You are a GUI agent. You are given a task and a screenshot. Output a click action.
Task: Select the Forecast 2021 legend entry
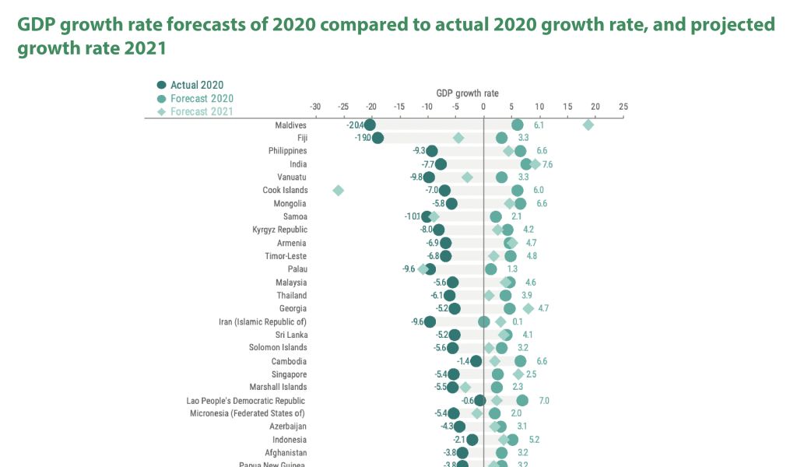pos(195,111)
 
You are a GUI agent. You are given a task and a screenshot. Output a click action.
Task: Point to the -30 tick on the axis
pos(315,106)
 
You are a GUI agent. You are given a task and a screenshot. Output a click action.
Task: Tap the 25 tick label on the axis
pos(623,106)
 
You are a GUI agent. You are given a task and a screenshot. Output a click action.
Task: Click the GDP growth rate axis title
pos(467,93)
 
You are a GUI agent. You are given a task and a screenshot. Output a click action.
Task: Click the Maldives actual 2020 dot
pos(370,125)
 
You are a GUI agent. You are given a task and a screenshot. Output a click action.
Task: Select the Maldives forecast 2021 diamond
pos(588,125)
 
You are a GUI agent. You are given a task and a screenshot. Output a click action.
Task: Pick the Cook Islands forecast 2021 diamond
pos(338,191)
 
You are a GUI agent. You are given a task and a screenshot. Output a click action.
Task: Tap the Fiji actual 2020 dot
pos(377,138)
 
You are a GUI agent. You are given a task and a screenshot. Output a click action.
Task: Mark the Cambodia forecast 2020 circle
pos(520,361)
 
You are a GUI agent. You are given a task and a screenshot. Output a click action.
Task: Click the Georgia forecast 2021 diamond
pos(528,309)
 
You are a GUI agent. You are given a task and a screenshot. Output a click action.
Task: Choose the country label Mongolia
pos(290,204)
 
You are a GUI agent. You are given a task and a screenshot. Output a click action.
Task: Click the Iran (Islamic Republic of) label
pos(262,322)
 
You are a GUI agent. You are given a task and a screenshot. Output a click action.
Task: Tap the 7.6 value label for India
pos(547,165)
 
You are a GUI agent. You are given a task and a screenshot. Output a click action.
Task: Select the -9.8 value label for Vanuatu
pos(416,177)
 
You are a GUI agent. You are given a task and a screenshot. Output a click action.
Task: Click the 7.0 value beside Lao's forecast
pos(544,401)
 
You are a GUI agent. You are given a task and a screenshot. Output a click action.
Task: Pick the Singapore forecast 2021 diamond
pos(518,374)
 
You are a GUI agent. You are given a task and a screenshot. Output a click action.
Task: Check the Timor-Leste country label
pos(286,256)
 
